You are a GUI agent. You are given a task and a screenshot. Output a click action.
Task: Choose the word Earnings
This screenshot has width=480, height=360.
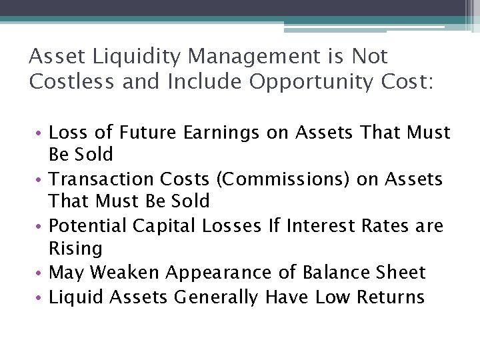click(215, 133)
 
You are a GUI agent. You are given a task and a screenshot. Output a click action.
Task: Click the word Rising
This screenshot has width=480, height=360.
click(75, 249)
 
